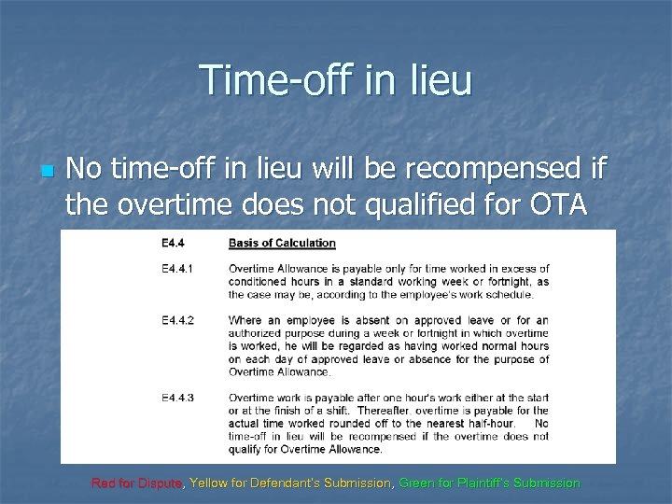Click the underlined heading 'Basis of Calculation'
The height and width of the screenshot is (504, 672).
(x=282, y=245)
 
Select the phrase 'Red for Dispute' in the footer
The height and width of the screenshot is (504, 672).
(x=138, y=483)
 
